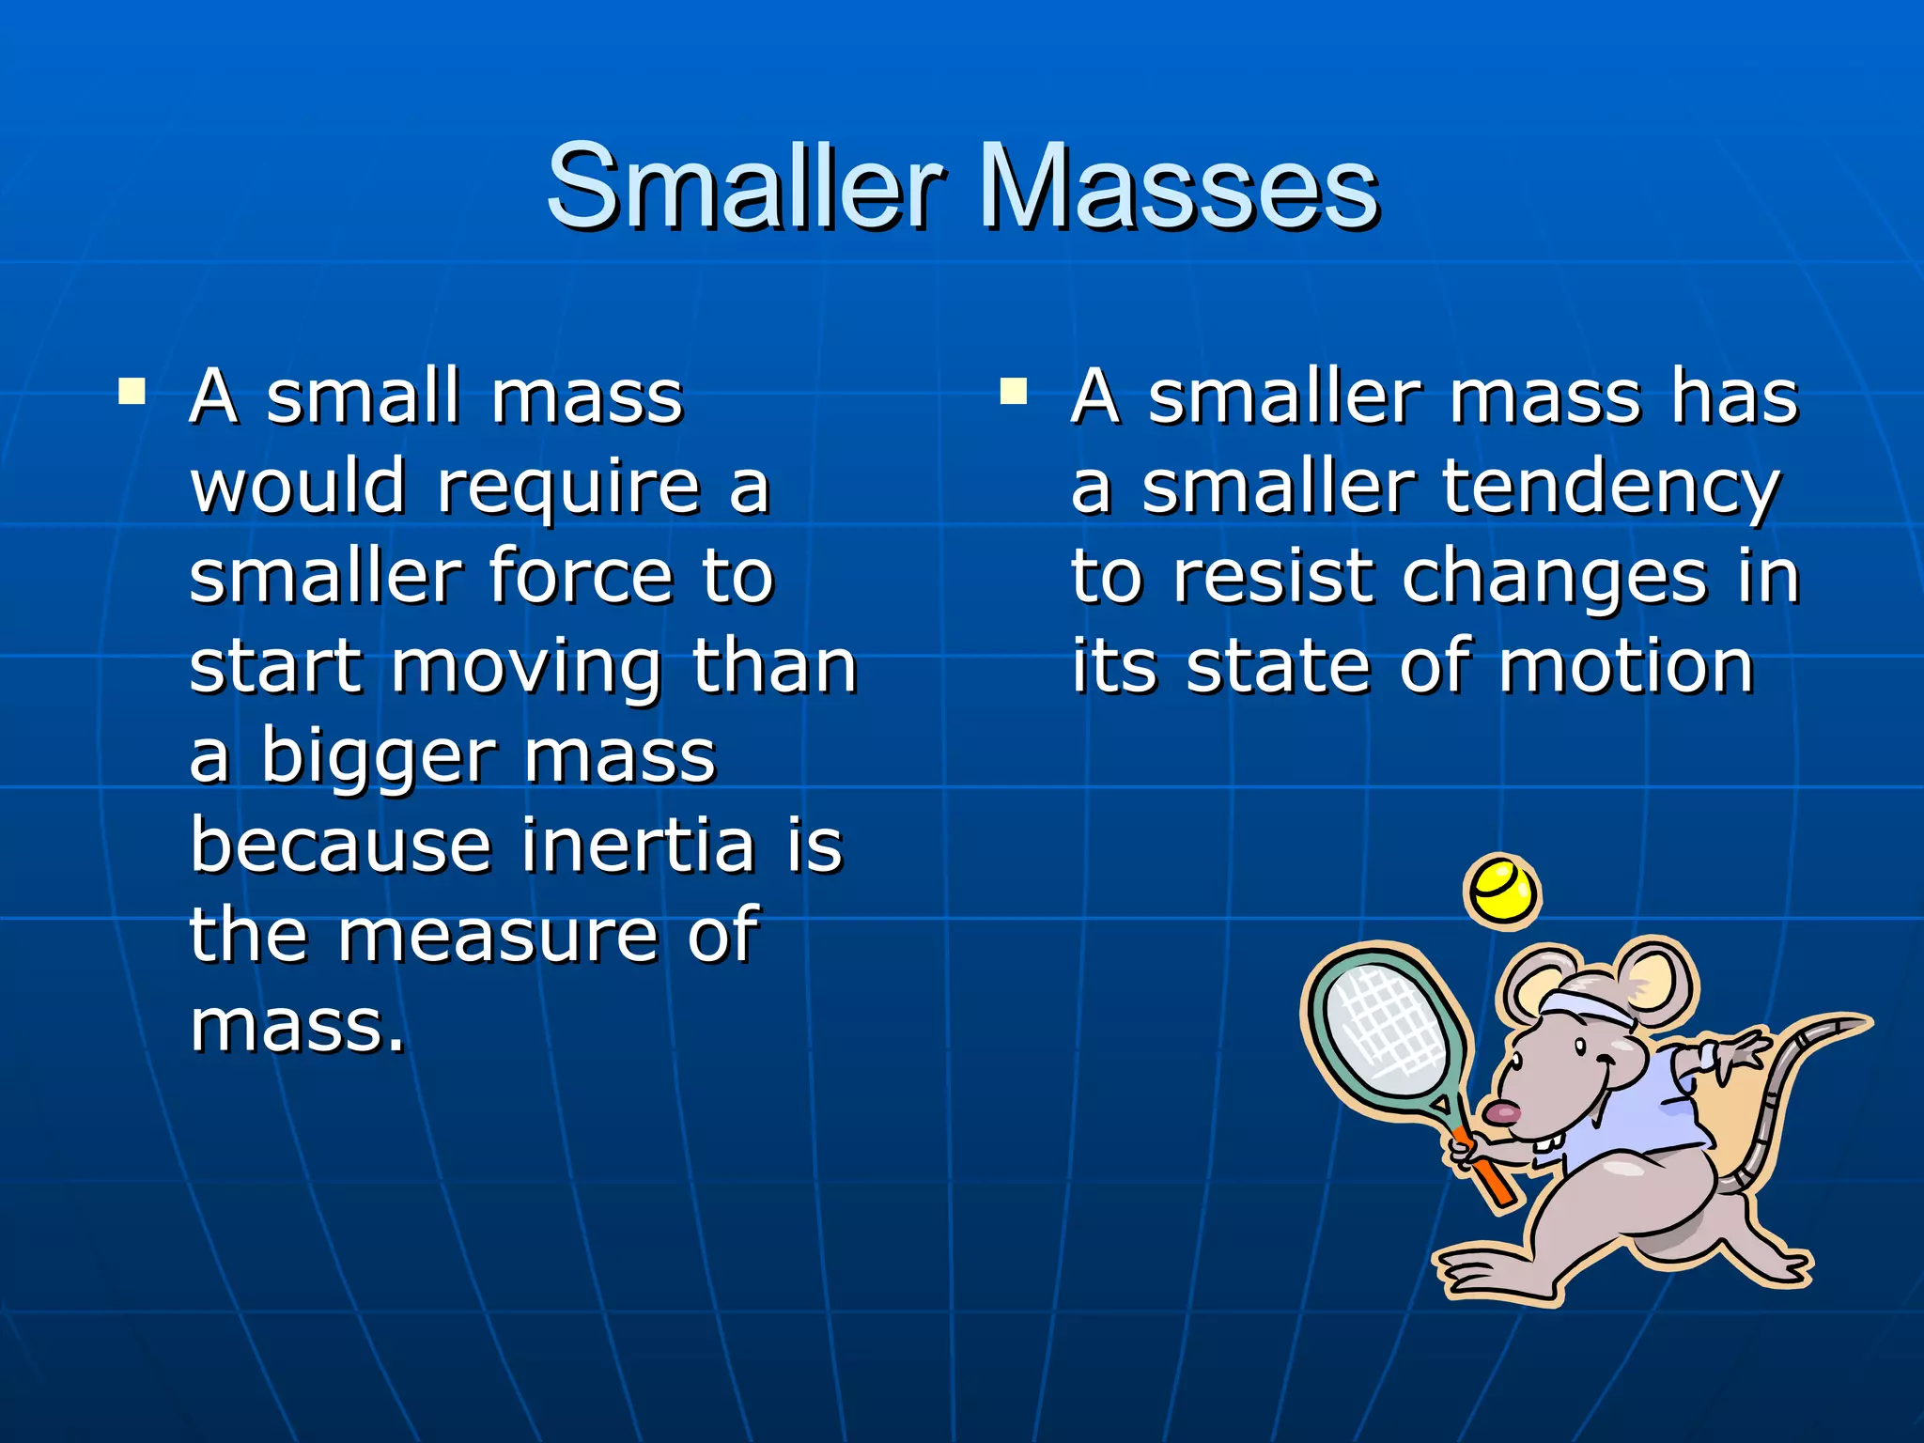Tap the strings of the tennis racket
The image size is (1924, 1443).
1389,1030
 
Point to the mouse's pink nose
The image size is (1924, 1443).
1501,1114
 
